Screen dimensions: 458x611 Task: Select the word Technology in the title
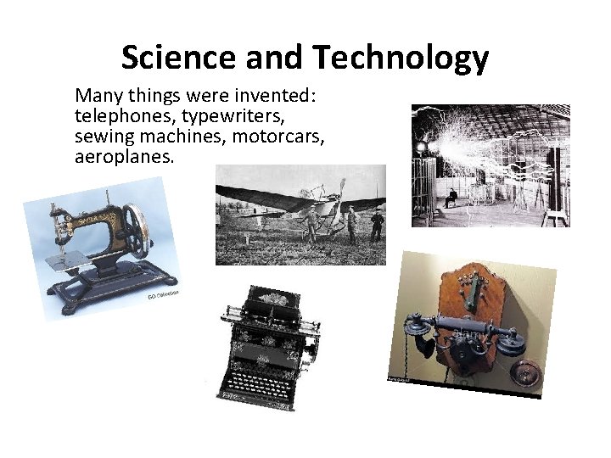tap(401, 58)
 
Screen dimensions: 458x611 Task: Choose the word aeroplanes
tap(124, 157)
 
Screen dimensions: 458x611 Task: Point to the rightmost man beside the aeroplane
tap(377, 226)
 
